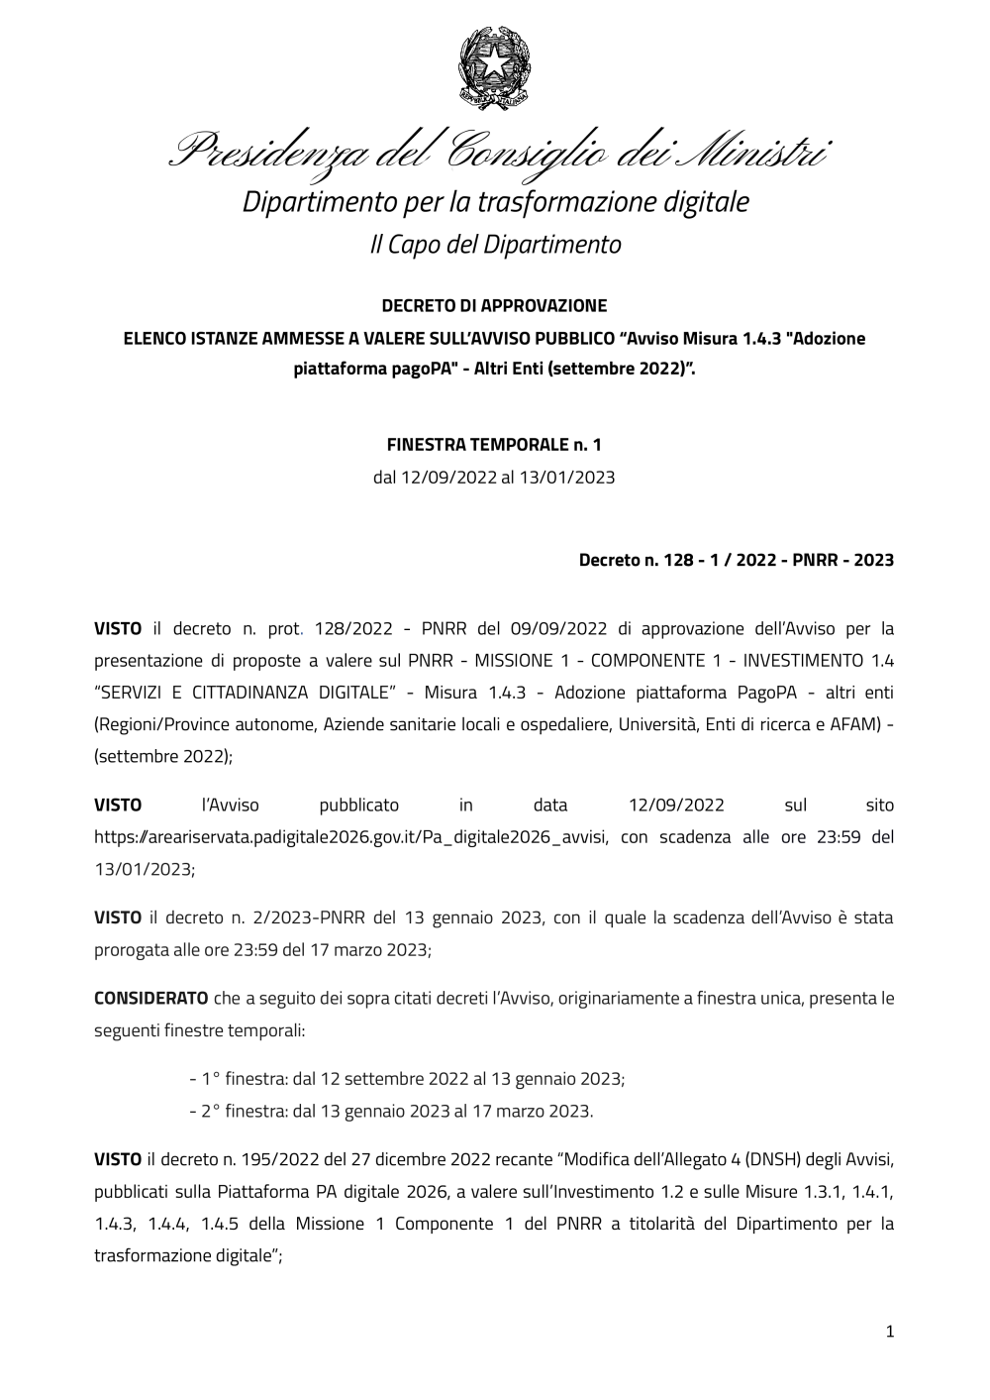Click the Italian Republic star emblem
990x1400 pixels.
tap(493, 66)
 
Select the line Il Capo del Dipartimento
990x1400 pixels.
tap(495, 244)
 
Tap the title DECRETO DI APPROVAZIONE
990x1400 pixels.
tap(494, 305)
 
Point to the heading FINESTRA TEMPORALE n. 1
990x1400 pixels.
tap(494, 445)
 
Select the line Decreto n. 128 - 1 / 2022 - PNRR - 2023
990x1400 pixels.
tap(736, 561)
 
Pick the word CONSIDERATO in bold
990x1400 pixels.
tap(150, 997)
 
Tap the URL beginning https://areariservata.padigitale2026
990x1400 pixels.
tap(355, 836)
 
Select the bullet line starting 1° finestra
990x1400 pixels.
tap(406, 1078)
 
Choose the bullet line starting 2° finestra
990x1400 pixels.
tap(391, 1111)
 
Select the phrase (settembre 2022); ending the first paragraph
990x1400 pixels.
tap(163, 755)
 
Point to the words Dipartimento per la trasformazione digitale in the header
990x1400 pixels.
tap(496, 202)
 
